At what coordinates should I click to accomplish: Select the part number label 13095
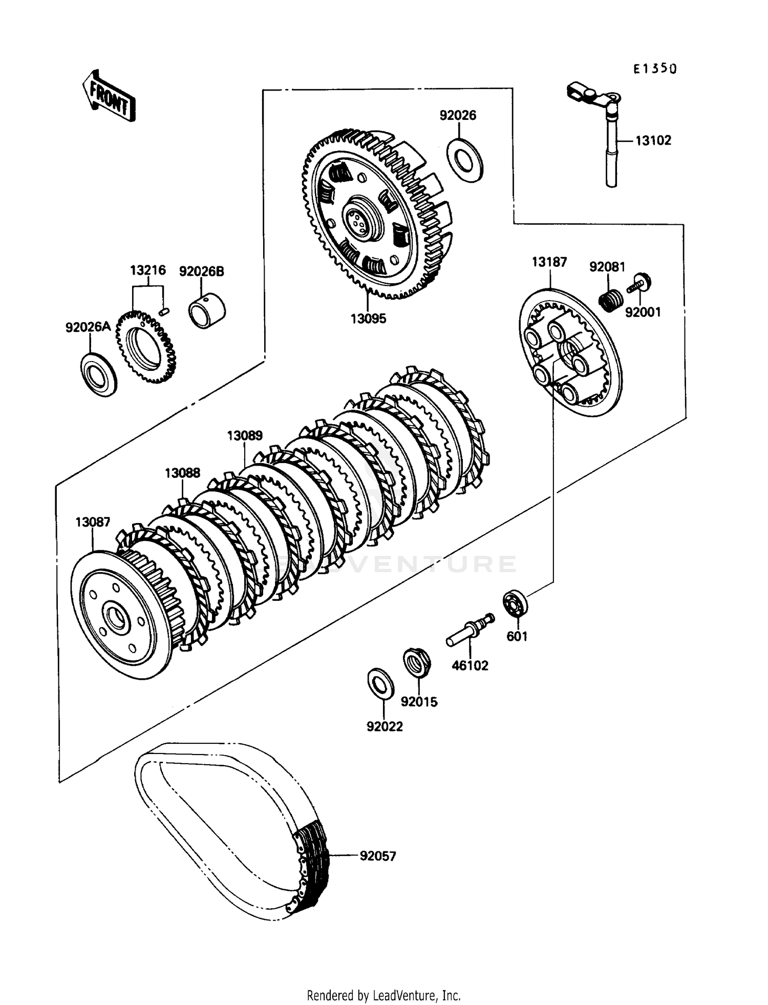pos(368,319)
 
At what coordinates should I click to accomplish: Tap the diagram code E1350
pos(654,69)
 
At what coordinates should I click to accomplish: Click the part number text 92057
pos(378,856)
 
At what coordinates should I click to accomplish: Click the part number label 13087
pos(93,522)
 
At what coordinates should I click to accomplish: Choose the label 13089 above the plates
pos(245,435)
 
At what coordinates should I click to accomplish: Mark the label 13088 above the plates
pos(182,472)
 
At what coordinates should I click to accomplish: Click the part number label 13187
pos(549,262)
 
